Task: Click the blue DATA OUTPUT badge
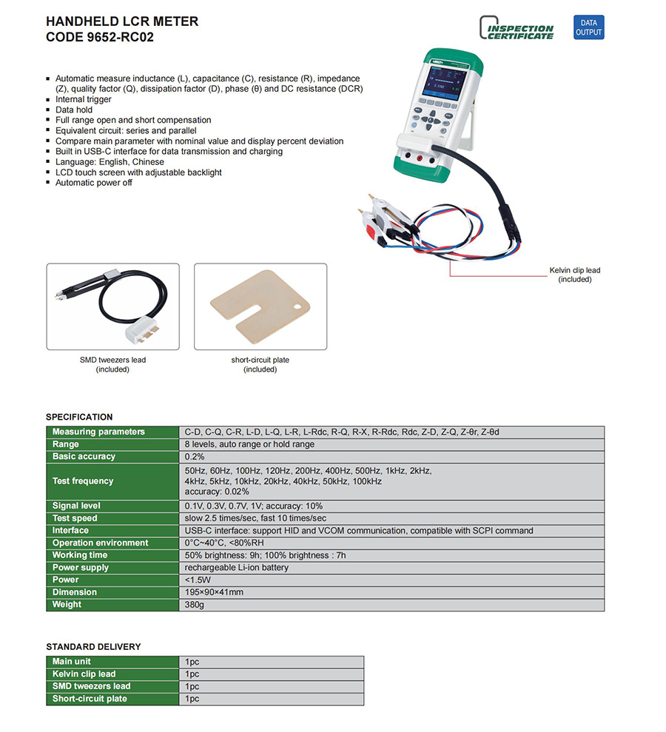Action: point(589,27)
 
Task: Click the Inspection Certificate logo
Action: point(517,29)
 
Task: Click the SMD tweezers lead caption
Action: point(112,364)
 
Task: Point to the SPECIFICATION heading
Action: point(79,417)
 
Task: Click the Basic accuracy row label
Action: point(84,457)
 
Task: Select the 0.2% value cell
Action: point(195,457)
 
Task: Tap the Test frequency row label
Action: point(83,481)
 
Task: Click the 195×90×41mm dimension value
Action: point(214,592)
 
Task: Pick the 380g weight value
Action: point(194,605)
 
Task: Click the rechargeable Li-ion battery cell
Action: point(236,568)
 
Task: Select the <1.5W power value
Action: point(198,580)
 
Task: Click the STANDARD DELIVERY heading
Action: point(93,647)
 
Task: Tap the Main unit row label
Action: point(72,662)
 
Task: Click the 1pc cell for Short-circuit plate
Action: point(192,699)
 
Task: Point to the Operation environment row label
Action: point(100,543)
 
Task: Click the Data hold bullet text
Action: point(74,110)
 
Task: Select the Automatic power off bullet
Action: point(94,183)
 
